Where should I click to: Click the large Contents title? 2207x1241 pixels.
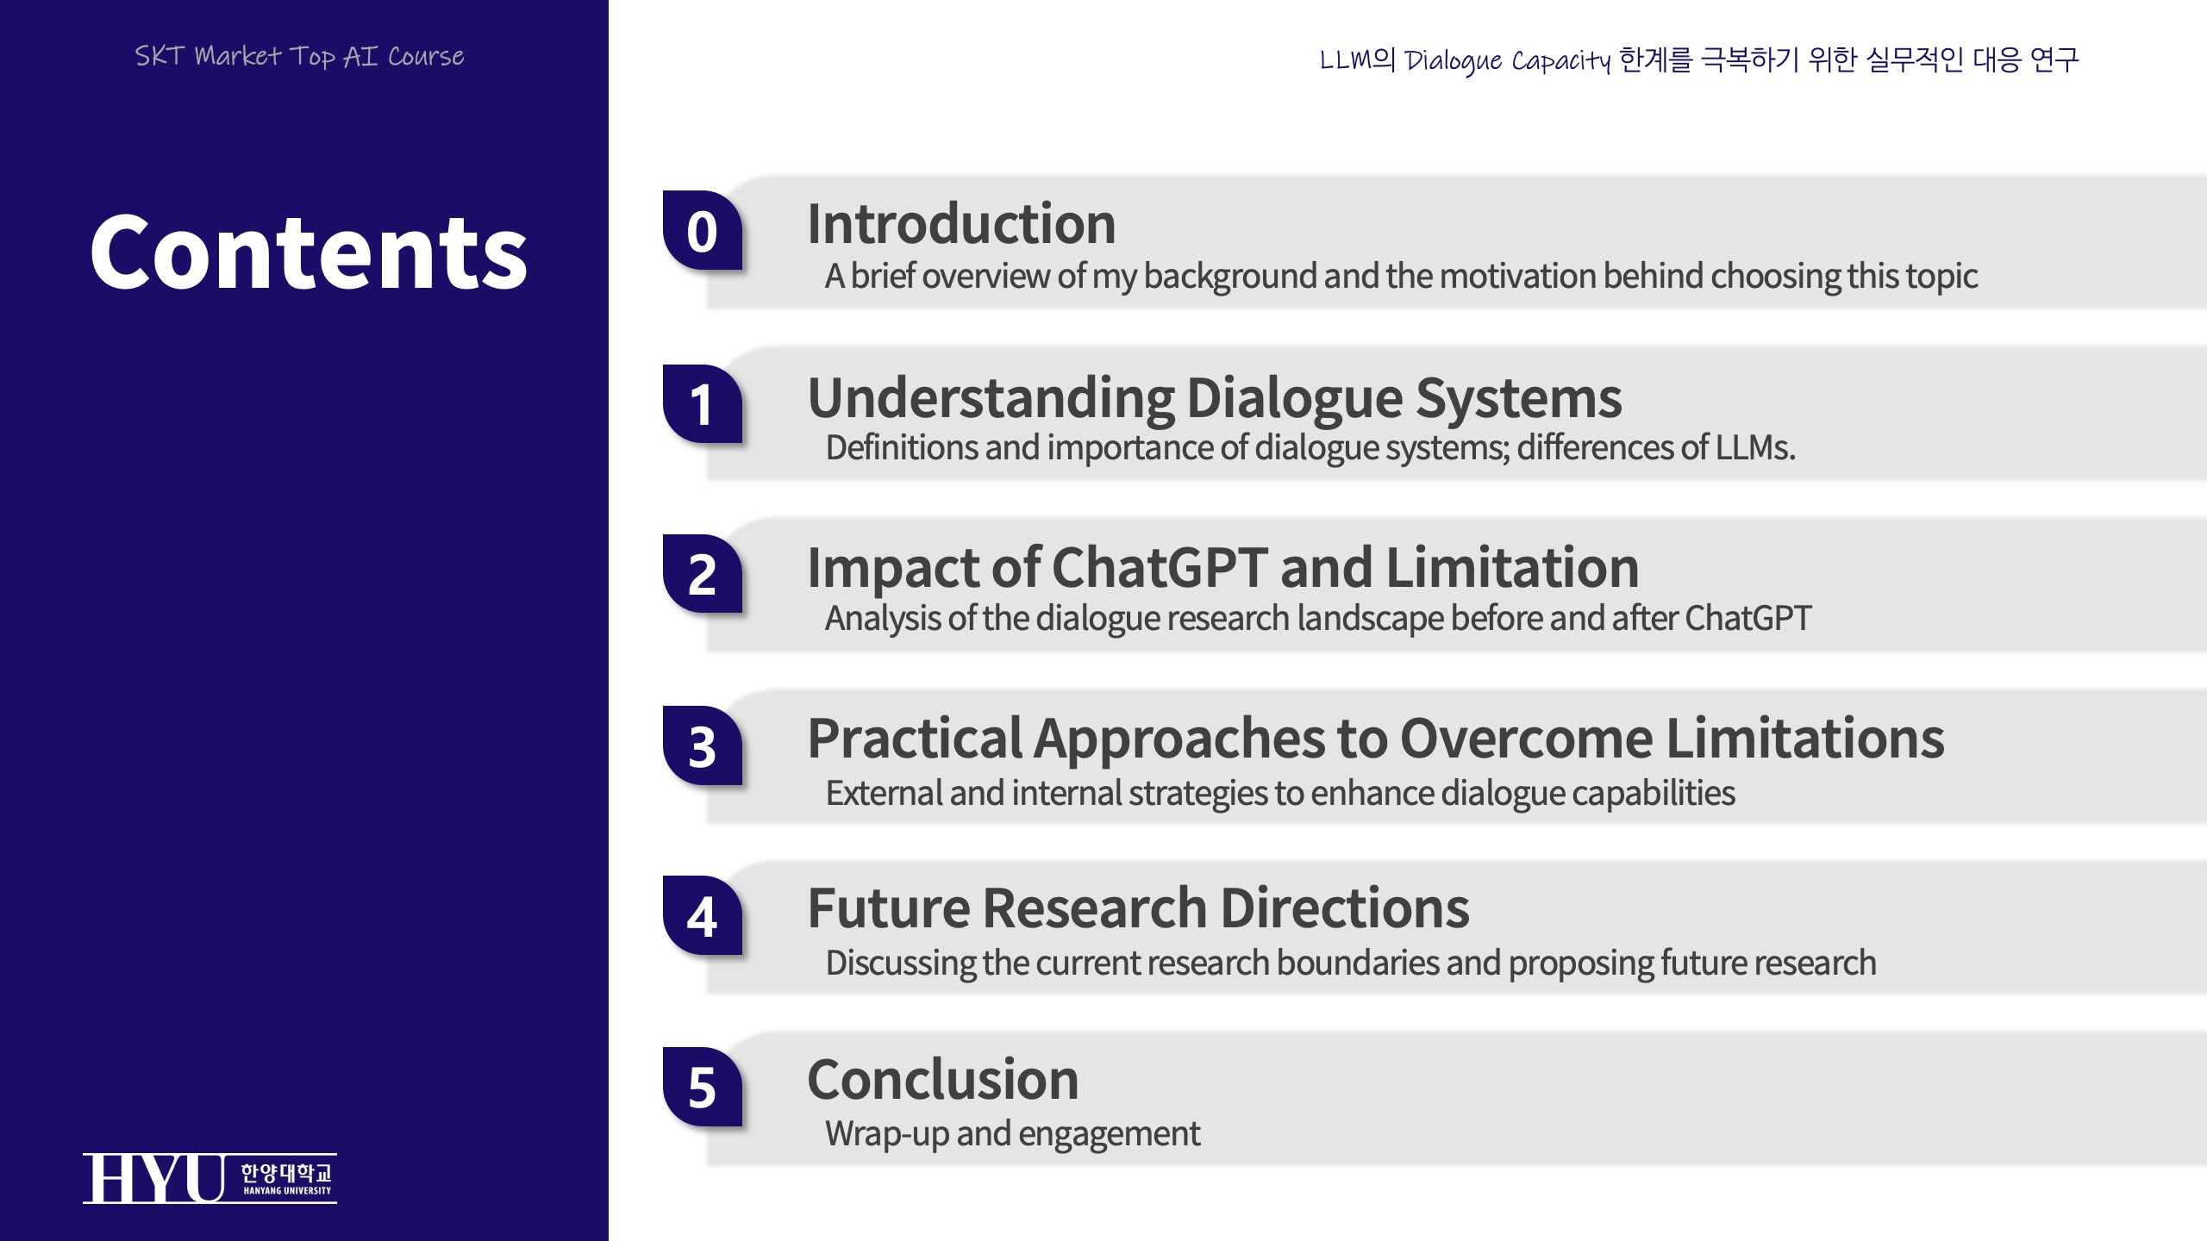click(x=308, y=252)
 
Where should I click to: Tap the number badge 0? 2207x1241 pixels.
click(x=703, y=230)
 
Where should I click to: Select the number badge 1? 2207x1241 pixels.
click(x=703, y=403)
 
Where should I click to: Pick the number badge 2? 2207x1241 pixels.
click(x=703, y=574)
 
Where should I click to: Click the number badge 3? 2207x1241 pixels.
click(x=703, y=745)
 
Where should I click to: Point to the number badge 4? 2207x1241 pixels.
click(x=703, y=915)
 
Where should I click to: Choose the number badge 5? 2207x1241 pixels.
click(x=703, y=1087)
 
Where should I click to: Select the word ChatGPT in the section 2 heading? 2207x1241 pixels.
click(x=1160, y=567)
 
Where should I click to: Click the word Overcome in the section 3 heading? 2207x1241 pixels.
click(x=1526, y=739)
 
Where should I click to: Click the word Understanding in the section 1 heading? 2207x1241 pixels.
click(x=991, y=398)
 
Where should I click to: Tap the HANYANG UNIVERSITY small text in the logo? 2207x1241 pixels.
click(x=287, y=1191)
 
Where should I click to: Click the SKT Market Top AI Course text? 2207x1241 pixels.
click(x=299, y=57)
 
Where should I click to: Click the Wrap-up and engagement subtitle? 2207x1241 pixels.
click(x=1013, y=1134)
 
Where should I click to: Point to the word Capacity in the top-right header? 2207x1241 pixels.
click(x=1561, y=60)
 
